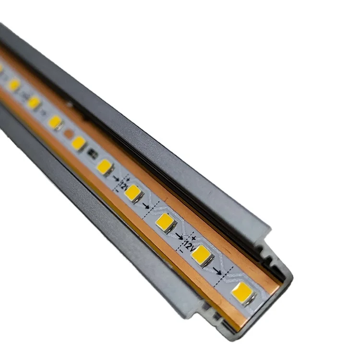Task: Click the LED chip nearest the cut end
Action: tap(242, 293)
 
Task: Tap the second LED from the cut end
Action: tap(203, 255)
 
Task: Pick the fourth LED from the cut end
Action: tap(133, 193)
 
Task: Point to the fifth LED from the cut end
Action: tap(105, 167)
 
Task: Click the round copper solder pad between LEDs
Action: tap(69, 133)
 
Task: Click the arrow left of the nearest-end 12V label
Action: tap(179, 235)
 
